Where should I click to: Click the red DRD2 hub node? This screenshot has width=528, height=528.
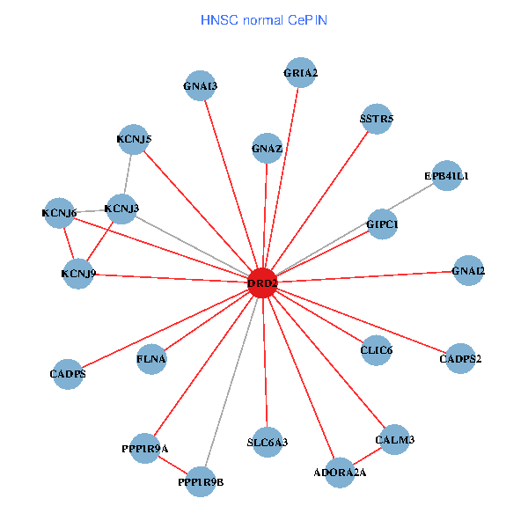(x=262, y=283)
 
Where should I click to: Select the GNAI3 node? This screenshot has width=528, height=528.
(x=202, y=85)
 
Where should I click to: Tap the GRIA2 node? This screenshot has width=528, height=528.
(x=300, y=72)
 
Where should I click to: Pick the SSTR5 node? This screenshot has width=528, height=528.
(x=377, y=118)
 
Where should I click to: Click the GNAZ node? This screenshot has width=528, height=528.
(x=267, y=148)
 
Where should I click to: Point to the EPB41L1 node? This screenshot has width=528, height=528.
(x=447, y=175)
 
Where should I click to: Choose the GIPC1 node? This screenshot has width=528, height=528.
(x=382, y=224)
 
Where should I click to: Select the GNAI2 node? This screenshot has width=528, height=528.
(x=467, y=270)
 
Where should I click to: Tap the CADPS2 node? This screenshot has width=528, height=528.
(x=460, y=358)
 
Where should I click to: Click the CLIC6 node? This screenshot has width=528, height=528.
(x=376, y=350)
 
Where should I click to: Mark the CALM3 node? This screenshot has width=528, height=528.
(x=394, y=439)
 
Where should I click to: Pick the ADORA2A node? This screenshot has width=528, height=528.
(x=340, y=473)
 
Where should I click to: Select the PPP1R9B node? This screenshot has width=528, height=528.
(x=201, y=481)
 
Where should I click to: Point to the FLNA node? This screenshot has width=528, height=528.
(x=151, y=358)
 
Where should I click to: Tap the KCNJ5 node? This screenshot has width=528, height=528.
(x=134, y=138)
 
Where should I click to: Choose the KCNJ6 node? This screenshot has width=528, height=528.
(x=59, y=212)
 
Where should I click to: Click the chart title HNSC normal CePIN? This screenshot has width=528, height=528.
(x=264, y=18)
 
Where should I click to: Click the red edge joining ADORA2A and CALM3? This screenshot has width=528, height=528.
(x=367, y=456)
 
